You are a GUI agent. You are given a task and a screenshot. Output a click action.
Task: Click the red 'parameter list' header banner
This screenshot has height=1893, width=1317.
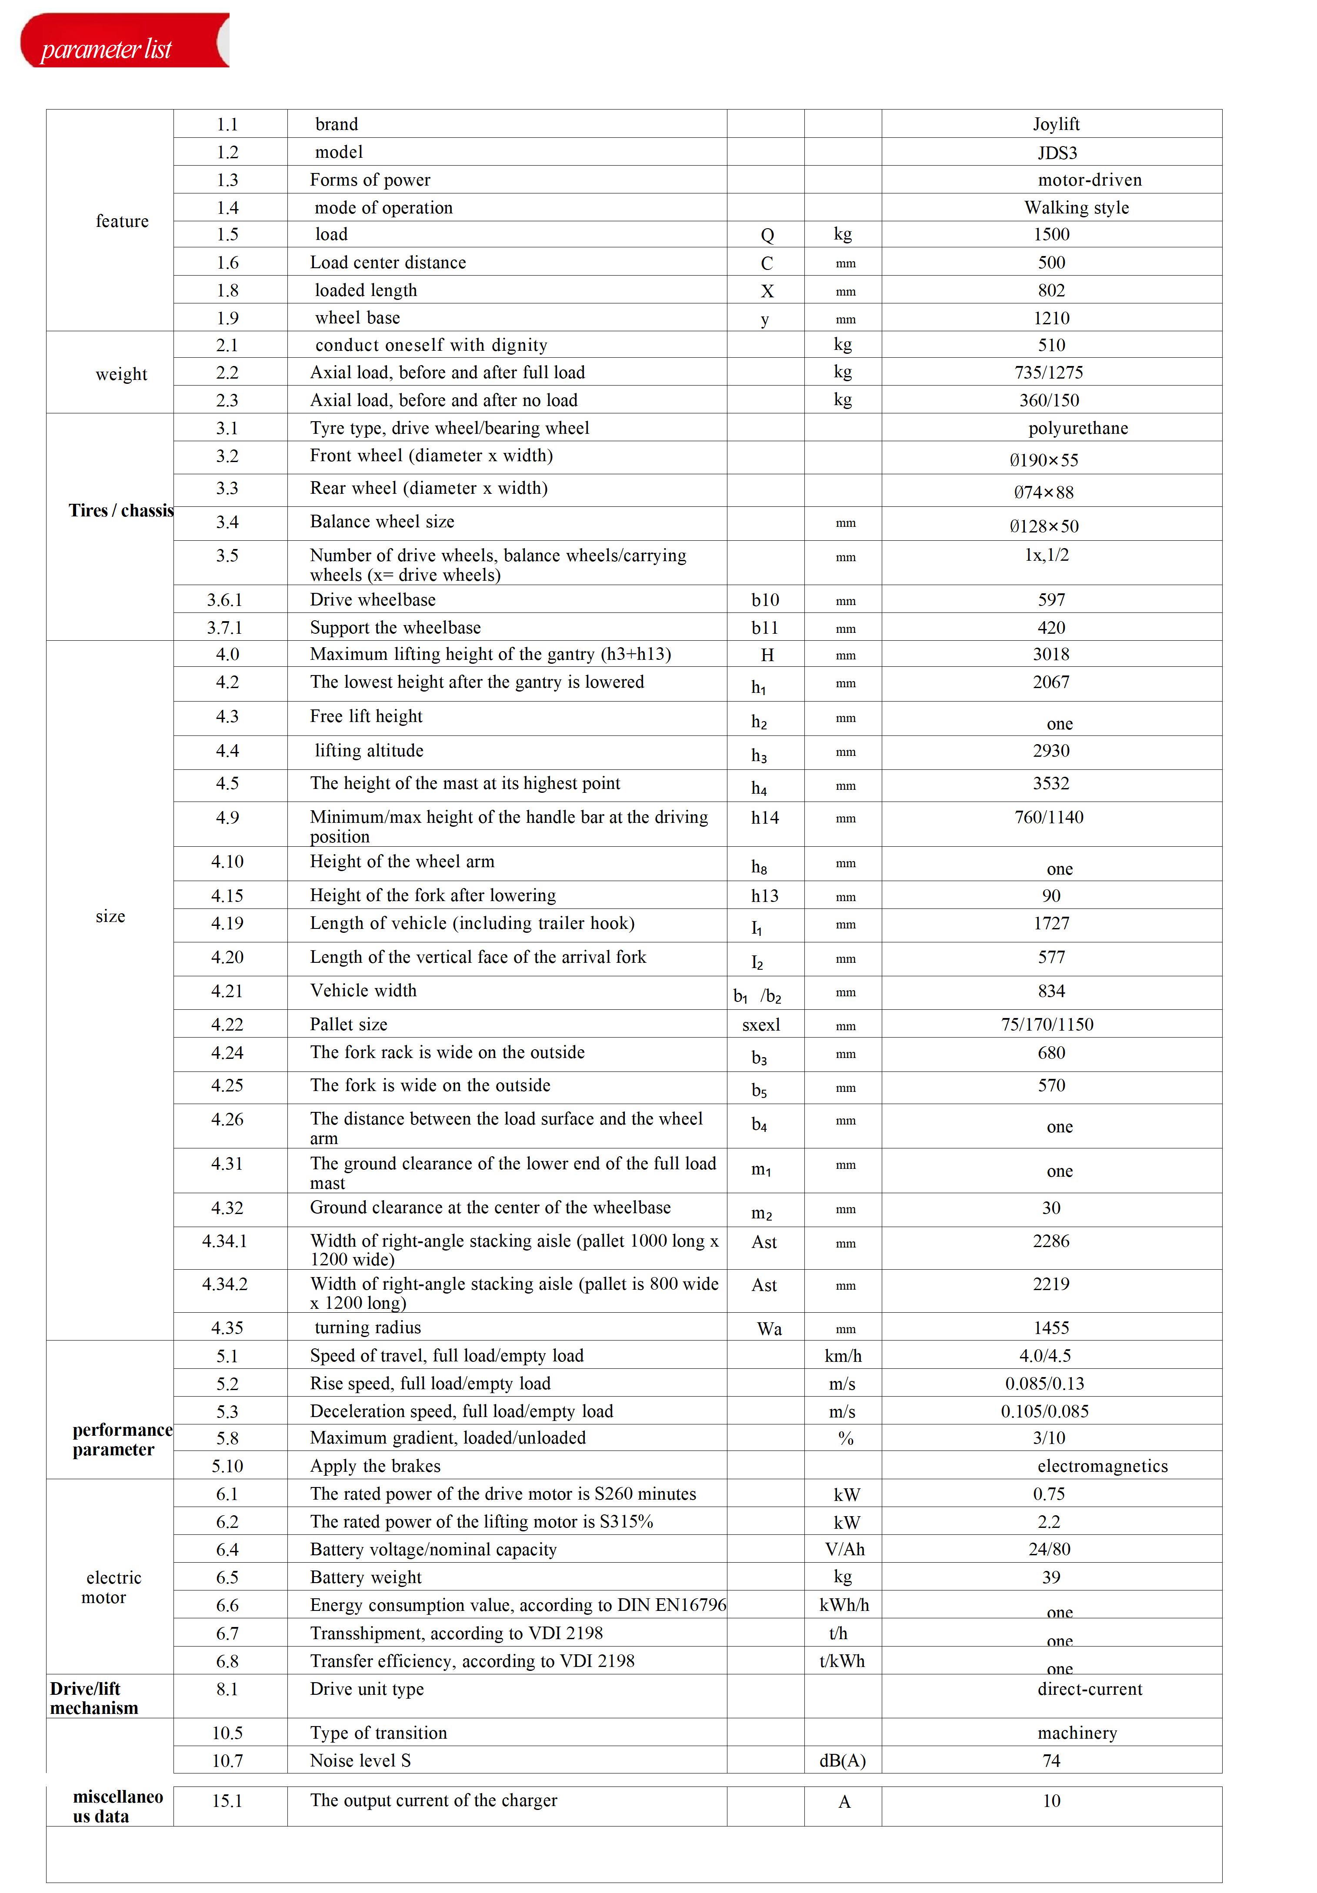pyautogui.click(x=124, y=41)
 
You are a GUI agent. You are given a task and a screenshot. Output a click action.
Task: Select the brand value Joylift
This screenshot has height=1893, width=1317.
pyautogui.click(x=1056, y=124)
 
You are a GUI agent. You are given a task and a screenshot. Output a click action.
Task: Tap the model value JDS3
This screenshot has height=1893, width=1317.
pyautogui.click(x=1057, y=153)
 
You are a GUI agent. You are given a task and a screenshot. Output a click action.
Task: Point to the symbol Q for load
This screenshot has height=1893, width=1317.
pyautogui.click(x=767, y=235)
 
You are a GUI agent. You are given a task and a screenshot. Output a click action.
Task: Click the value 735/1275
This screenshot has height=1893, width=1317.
pyautogui.click(x=1048, y=373)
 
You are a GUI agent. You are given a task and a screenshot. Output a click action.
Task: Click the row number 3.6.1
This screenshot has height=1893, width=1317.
pyautogui.click(x=224, y=599)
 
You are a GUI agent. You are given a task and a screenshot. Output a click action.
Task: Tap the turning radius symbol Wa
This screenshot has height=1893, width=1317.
pyautogui.click(x=769, y=1328)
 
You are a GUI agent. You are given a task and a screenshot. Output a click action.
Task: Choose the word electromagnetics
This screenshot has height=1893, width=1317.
pyautogui.click(x=1102, y=1466)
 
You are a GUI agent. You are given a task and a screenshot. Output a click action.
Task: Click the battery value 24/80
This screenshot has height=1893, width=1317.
pyautogui.click(x=1049, y=1549)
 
